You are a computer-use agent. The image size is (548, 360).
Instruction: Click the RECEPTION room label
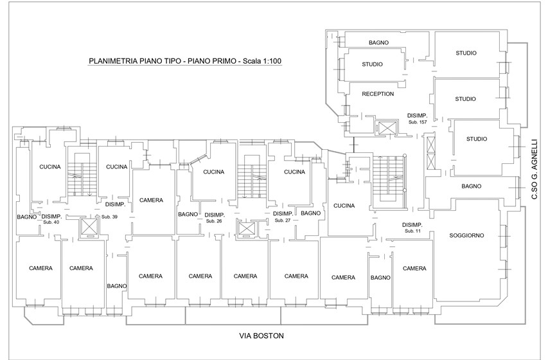[x=378, y=94]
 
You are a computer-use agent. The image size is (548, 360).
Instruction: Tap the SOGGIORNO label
[x=466, y=235]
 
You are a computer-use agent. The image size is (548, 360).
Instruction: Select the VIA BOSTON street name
[x=261, y=336]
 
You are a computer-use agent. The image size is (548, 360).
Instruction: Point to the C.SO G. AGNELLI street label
[x=535, y=169]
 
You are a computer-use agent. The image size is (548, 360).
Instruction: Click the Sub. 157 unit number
[x=418, y=122]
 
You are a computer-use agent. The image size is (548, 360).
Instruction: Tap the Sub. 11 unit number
[x=412, y=231]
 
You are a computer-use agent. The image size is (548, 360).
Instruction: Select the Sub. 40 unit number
[x=52, y=222]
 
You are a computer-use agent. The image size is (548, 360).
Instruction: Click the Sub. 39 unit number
[x=109, y=217]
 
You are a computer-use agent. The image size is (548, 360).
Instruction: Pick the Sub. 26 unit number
[x=215, y=221]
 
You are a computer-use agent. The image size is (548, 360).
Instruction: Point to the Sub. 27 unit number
[x=283, y=221]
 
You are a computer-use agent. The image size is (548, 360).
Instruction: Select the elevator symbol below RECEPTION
[x=387, y=127]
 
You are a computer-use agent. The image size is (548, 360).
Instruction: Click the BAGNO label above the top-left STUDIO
[x=378, y=42]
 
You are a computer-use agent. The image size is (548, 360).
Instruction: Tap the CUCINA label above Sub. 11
[x=344, y=206]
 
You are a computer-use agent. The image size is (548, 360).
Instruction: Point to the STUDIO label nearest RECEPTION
[x=372, y=64]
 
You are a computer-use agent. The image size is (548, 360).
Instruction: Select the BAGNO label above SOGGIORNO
[x=471, y=186]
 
